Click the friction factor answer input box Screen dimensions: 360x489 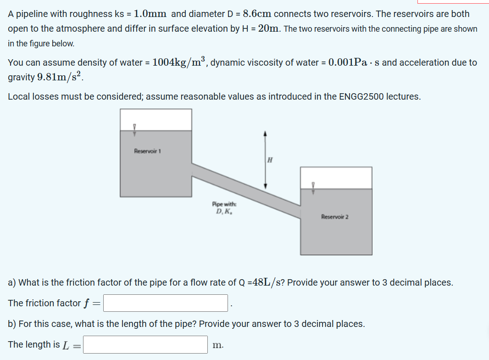(165, 303)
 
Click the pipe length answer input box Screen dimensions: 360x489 (145, 344)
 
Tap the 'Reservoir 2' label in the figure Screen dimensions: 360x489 (334, 216)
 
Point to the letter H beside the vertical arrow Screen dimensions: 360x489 (270, 160)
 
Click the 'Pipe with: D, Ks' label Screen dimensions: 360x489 (224, 208)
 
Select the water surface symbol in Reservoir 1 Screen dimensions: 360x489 (134, 129)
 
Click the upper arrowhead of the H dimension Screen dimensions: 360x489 (264, 133)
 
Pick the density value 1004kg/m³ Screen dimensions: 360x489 (179, 62)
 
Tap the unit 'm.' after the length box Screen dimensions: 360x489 (218, 345)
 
